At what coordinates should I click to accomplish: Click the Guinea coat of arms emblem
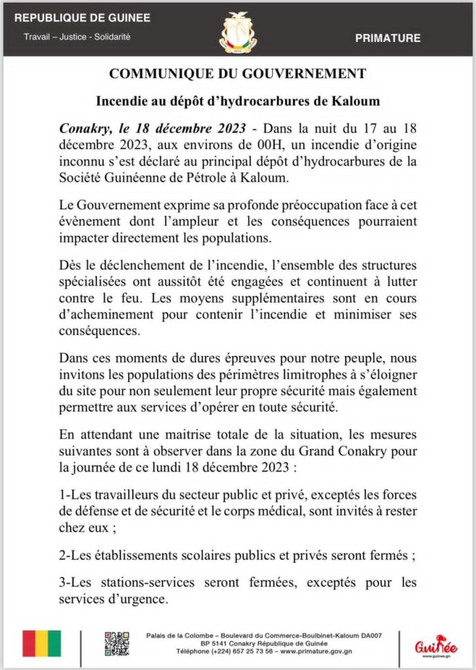point(237,32)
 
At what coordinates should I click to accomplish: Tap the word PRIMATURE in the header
point(388,39)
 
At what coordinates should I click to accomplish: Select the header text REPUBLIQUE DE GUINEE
point(82,18)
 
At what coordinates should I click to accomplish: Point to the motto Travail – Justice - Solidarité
point(77,37)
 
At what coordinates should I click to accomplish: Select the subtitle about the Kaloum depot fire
point(238,101)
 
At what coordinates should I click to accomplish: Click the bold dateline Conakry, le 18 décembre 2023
point(152,128)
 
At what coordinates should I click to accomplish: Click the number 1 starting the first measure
point(62,495)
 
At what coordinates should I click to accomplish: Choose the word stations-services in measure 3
point(133,582)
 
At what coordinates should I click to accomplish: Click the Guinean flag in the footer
point(42,643)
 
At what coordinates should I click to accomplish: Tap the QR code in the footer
point(116,643)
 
